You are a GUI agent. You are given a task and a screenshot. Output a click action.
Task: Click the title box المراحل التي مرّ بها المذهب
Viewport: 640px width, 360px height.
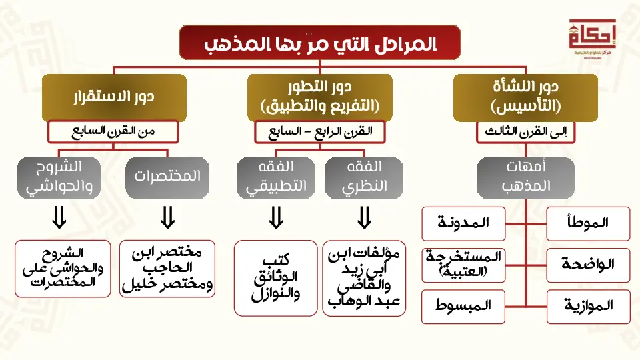319,43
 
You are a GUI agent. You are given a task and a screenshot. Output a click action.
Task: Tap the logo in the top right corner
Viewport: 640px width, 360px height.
588,37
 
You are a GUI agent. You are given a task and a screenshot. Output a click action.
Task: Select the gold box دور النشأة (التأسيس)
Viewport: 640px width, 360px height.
525,97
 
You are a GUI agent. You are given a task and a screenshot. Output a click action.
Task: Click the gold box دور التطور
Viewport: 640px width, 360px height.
319,97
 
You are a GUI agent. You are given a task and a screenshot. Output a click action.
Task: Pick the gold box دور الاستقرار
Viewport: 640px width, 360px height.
113,97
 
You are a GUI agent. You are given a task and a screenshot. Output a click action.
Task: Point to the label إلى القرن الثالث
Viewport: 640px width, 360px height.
525,132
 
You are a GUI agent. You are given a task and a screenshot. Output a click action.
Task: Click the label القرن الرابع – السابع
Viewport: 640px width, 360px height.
320,132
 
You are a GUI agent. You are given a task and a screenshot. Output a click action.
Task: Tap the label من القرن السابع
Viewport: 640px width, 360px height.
113,132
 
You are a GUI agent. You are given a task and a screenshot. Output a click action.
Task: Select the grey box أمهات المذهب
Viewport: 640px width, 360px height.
525,177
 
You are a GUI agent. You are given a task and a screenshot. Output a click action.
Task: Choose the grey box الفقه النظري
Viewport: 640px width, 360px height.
364,177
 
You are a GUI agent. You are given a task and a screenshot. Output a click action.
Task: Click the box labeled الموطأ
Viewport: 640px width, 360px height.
588,224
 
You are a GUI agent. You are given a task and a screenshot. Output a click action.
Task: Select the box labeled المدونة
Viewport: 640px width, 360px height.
463,224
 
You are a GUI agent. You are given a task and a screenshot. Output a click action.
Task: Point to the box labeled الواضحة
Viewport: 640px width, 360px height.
588,265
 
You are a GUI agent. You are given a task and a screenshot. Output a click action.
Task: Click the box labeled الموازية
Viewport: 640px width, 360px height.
588,307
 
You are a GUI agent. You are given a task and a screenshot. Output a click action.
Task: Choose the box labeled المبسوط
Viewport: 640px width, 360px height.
463,307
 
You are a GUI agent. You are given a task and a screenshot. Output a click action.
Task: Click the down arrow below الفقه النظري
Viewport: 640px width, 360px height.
364,217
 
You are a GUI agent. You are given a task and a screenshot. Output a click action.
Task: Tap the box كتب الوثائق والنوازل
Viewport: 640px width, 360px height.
276,277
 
